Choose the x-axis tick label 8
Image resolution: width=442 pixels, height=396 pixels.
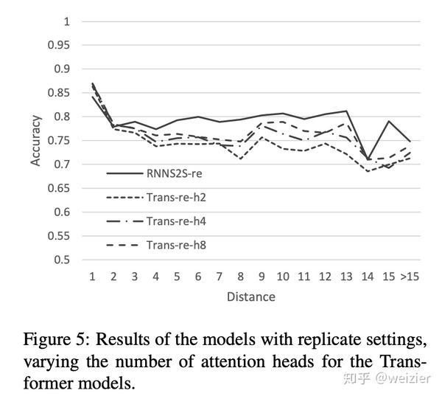point(240,276)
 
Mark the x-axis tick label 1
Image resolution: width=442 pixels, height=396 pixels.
point(92,276)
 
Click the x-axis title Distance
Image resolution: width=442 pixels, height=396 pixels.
point(250,296)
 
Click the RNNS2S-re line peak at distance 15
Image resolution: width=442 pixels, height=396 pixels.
point(388,121)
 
